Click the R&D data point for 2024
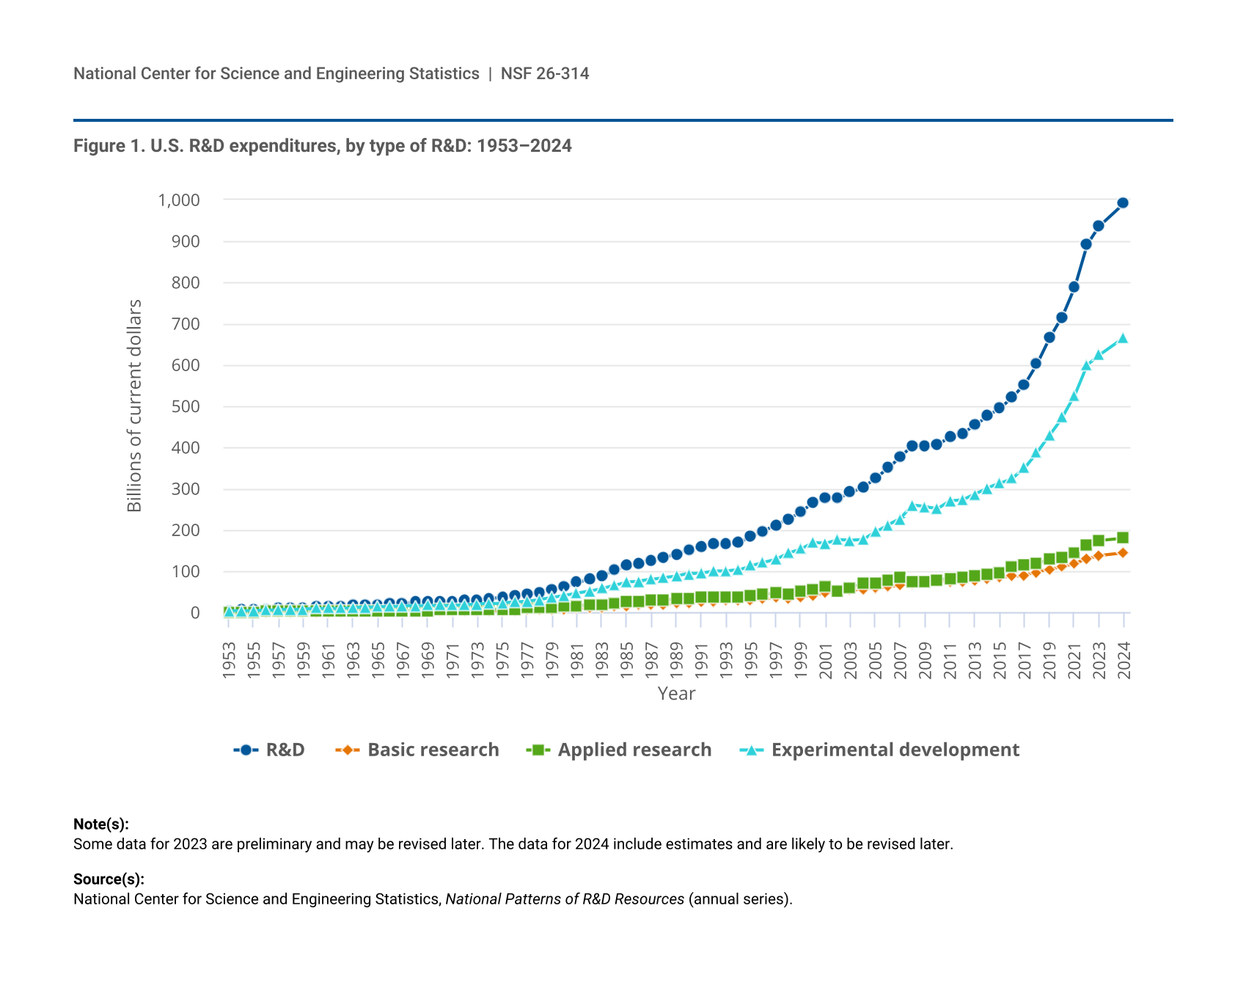1123,203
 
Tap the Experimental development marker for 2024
1123,338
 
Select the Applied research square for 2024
1123,538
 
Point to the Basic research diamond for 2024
1123,553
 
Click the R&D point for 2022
1086,244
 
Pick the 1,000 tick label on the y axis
179,200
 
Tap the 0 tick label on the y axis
195,613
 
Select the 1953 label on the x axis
230,660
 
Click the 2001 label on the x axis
826,660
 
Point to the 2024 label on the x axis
1124,660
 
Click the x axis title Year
676,694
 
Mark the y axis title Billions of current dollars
134,406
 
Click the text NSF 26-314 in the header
545,73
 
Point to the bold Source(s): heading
109,879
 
